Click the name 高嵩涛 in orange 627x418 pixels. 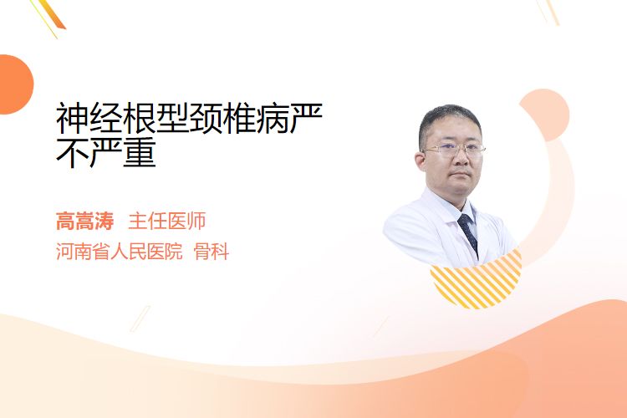(84, 222)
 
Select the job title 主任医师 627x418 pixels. (167, 222)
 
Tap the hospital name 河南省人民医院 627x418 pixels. (120, 252)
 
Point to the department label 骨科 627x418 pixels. (212, 252)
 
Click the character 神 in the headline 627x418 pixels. (73, 119)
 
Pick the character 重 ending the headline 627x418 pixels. (139, 152)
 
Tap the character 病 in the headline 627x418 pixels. (273, 119)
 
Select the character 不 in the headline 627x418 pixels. (73, 152)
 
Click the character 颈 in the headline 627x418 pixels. (206, 119)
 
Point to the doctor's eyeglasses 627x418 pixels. (454, 150)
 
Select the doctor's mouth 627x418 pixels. (460, 174)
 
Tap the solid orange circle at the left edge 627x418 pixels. (15, 84)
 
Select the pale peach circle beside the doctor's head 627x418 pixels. (546, 114)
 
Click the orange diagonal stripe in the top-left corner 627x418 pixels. (54, 14)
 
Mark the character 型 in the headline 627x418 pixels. (172, 119)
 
